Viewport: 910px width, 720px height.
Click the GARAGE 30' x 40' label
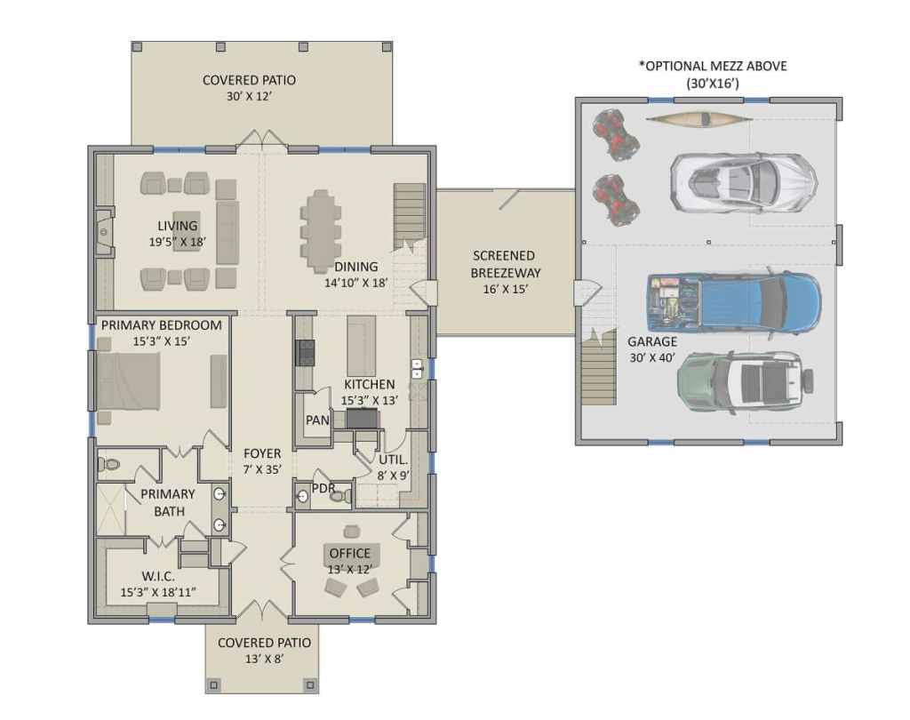click(x=652, y=349)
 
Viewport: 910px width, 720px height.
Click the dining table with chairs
click(x=320, y=221)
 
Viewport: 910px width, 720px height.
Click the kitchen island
click(x=359, y=345)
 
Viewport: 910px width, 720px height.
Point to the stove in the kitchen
click(x=305, y=353)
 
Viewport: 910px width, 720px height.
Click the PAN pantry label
click(x=317, y=420)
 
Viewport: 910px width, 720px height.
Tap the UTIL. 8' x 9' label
click(x=393, y=468)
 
